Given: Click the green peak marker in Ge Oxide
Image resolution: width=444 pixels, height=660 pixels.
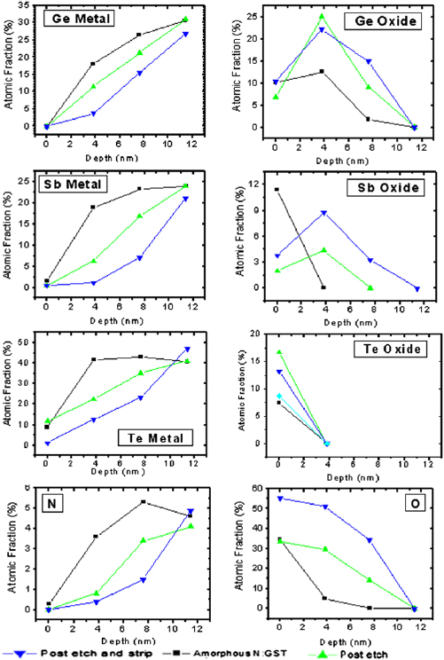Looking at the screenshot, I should [x=322, y=16].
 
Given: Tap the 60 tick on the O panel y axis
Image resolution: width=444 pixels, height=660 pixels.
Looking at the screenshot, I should [x=258, y=488].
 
